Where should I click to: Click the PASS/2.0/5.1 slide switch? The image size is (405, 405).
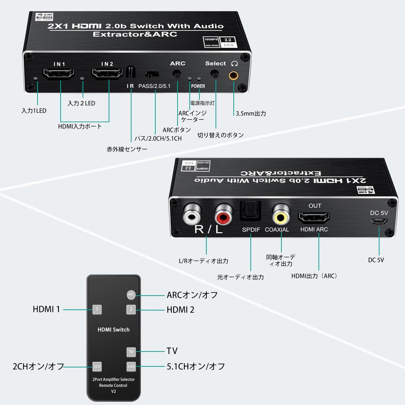tap(153, 74)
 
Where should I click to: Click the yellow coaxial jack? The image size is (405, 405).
tap(281, 215)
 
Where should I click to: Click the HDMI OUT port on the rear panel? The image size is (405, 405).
tap(314, 218)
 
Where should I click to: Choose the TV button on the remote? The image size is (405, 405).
tap(131, 351)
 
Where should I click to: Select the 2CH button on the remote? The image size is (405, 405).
tap(97, 367)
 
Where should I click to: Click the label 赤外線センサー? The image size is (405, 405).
tap(127, 150)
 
